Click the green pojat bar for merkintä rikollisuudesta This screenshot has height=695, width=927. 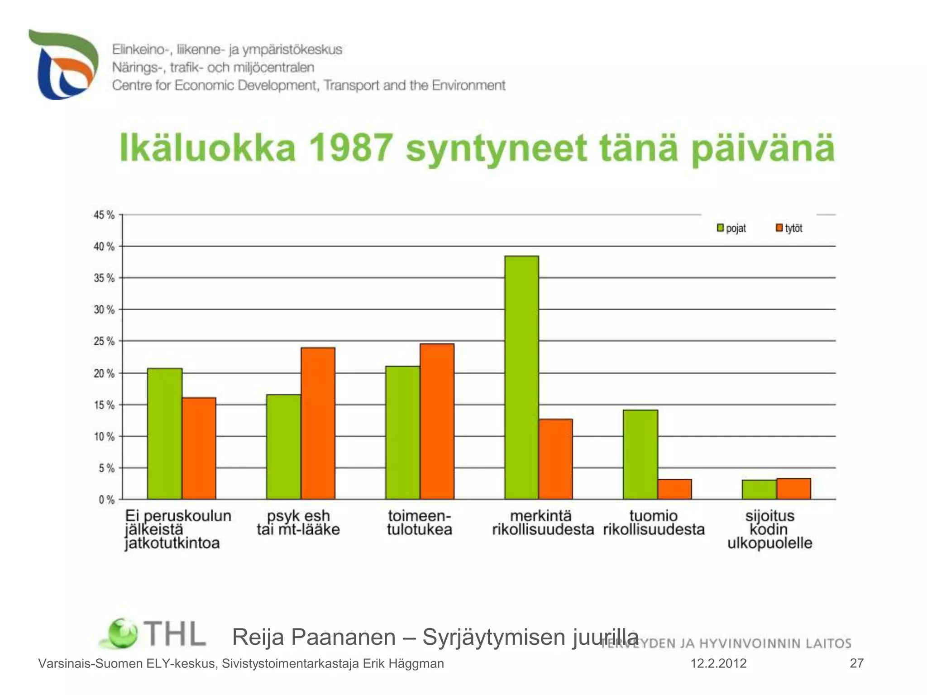[521, 377]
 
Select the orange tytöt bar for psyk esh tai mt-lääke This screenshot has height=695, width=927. [318, 423]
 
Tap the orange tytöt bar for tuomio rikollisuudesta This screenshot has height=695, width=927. [674, 489]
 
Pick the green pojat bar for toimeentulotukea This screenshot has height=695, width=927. [402, 433]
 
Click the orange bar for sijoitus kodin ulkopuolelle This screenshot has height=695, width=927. [793, 489]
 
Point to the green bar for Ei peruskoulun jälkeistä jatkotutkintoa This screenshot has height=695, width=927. [165, 433]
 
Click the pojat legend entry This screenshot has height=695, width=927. [731, 228]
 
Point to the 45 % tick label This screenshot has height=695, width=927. [104, 215]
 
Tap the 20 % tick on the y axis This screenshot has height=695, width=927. [104, 373]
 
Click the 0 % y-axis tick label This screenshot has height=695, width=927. [106, 500]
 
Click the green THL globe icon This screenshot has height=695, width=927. [121, 633]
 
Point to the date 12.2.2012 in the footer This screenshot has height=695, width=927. [718, 663]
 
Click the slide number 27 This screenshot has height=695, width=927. [856, 663]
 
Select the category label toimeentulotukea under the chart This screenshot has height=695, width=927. [419, 523]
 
